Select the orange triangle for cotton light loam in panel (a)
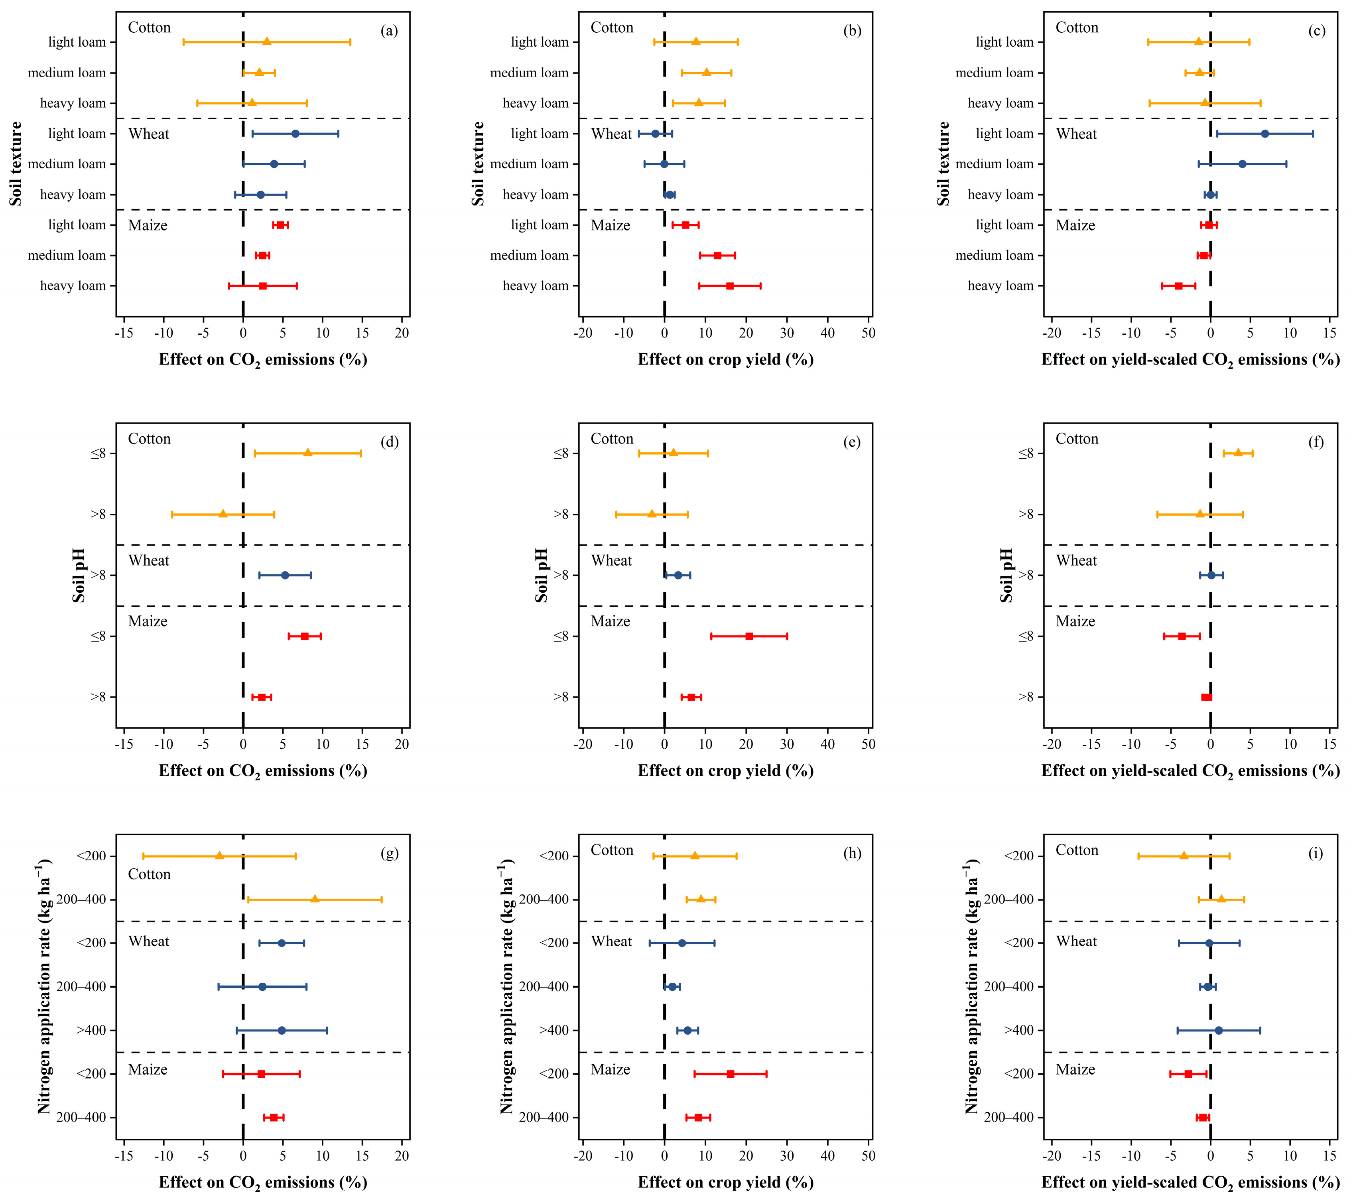[267, 41]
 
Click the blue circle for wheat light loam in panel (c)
[1264, 134]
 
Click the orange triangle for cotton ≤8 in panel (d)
[307, 453]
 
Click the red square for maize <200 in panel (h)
[730, 1074]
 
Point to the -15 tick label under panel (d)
[124, 744]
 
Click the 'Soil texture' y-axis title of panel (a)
[15, 164]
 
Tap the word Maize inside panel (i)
[1075, 1070]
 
